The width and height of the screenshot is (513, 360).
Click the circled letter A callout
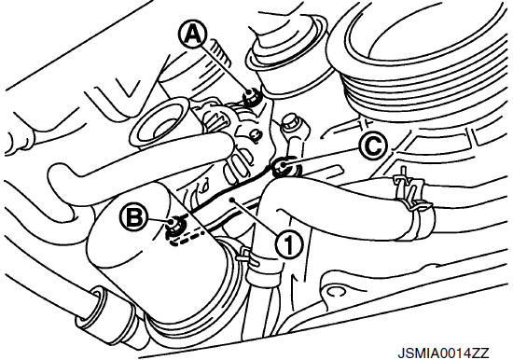click(192, 35)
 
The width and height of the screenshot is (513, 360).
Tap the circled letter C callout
click(373, 146)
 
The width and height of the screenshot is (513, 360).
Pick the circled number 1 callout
click(288, 243)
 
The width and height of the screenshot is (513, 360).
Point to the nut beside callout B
click(173, 227)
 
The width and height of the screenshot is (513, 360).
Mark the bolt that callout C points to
click(282, 167)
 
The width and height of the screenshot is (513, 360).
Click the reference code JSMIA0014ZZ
click(443, 353)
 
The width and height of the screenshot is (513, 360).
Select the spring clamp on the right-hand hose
click(411, 193)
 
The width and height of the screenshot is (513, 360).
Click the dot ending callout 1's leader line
click(232, 199)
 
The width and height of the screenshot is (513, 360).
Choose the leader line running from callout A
click(226, 70)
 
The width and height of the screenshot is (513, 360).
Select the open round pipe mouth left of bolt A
click(159, 124)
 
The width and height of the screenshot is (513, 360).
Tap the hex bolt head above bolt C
click(290, 122)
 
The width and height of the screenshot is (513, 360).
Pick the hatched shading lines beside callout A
click(220, 50)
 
